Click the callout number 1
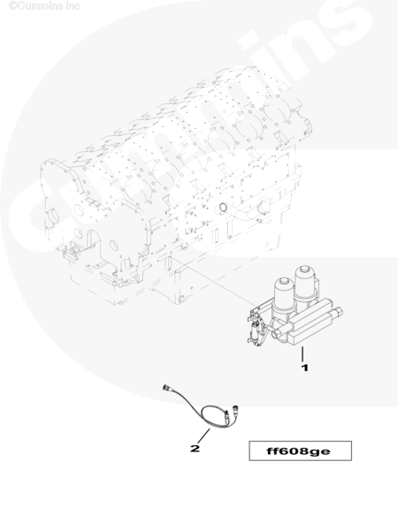point(305,367)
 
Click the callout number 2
point(195,449)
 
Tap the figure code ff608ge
point(298,451)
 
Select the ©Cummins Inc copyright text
point(44,6)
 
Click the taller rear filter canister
point(305,283)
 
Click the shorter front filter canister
point(284,295)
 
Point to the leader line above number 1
point(302,354)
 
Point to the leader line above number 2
point(203,436)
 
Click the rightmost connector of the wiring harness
point(233,407)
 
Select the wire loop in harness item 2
point(210,414)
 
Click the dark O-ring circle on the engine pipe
point(223,208)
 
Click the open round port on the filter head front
point(276,334)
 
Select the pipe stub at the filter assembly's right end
point(337,312)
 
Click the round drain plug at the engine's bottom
point(181,299)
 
